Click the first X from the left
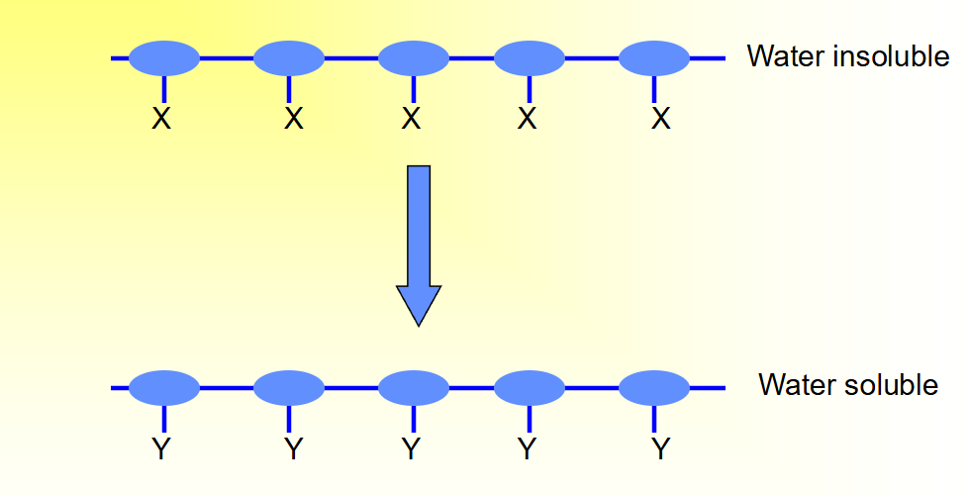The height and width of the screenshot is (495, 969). (162, 120)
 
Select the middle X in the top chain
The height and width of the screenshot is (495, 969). (412, 120)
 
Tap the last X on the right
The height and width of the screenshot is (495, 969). (661, 120)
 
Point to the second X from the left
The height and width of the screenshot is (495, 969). (292, 120)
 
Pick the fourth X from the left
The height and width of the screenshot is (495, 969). (528, 120)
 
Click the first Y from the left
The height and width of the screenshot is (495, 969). (162, 450)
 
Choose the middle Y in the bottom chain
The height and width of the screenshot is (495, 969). (412, 450)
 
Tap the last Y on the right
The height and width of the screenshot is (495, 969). (661, 450)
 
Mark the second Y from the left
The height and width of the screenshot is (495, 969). (292, 450)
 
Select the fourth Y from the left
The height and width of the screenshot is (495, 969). (528, 450)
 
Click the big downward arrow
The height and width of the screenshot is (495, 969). (419, 243)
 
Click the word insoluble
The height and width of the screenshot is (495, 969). (892, 56)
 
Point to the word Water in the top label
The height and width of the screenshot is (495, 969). (786, 56)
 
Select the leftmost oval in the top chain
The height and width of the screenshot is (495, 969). (163, 58)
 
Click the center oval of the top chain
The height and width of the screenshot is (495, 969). (414, 58)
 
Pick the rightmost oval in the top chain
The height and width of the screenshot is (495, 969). (653, 58)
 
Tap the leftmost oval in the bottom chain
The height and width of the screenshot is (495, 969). (163, 388)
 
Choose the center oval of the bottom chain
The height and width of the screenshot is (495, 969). (414, 388)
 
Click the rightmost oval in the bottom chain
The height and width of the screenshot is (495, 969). (653, 388)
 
